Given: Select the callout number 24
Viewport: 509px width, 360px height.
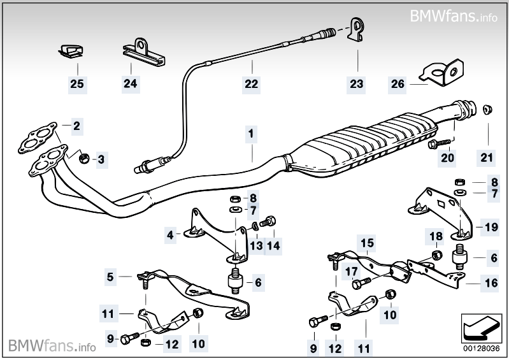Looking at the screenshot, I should click(x=130, y=83).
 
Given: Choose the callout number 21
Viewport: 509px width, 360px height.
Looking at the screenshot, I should click(x=489, y=157).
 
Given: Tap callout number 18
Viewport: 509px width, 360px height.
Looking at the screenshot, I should click(x=436, y=237).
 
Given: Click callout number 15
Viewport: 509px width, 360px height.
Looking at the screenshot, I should click(x=366, y=243).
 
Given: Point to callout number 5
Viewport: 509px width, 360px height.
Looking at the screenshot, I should click(x=110, y=277).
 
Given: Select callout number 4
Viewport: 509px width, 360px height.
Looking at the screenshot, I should click(x=170, y=235).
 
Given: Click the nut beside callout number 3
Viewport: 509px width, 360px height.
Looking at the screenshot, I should click(x=83, y=157).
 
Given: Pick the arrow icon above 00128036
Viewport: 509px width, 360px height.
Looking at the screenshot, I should click(x=477, y=328).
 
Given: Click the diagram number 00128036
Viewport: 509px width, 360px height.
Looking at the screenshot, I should click(x=477, y=348).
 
